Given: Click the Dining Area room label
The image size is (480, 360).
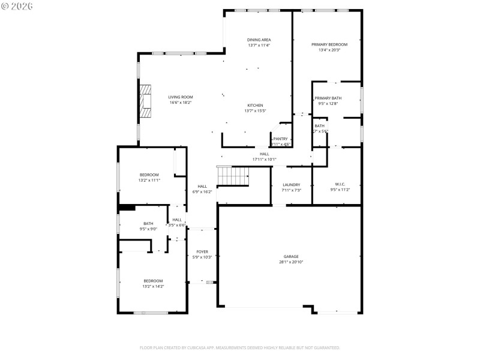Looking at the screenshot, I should (259, 40).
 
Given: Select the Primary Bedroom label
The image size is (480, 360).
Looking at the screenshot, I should (329, 44).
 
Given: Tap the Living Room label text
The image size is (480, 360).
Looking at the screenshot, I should (180, 97).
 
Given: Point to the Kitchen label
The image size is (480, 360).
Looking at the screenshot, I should (255, 105).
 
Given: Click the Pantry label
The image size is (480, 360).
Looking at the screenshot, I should (280, 139).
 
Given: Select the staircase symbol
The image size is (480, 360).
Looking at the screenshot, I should (232, 176).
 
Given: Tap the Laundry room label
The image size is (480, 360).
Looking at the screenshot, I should (291, 185).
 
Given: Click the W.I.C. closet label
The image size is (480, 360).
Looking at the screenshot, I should (341, 184).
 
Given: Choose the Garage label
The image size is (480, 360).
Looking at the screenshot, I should (291, 256).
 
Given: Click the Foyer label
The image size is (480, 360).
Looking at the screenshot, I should (202, 251).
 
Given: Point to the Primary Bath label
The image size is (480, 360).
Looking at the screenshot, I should (328, 98).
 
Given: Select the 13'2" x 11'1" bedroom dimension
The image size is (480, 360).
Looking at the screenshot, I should (149, 180).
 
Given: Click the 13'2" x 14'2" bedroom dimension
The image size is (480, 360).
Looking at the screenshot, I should (153, 286).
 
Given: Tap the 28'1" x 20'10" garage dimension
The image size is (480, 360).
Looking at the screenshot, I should (291, 262).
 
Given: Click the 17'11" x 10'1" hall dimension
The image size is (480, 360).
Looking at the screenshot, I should (264, 159).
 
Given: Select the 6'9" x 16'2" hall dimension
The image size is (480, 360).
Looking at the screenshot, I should (202, 192).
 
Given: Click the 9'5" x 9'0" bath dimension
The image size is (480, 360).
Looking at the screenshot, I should (148, 229).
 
